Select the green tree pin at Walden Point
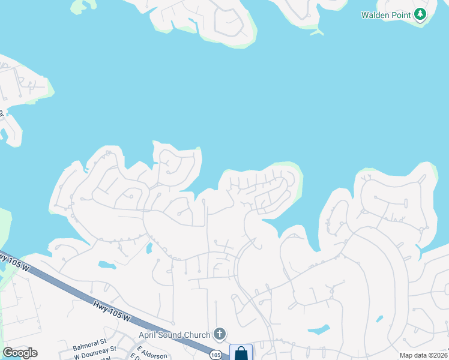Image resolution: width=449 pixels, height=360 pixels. click(420, 14)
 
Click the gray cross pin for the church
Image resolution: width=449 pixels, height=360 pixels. click(220, 334)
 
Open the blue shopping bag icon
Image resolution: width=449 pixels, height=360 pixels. click(241, 352)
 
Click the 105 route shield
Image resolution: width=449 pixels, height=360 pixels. click(215, 355)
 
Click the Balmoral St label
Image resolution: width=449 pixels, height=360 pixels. click(89, 347)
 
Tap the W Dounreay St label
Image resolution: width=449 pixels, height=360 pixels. click(95, 356)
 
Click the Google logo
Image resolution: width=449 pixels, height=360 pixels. click(20, 353)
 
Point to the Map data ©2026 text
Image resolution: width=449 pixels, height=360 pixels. click(423, 355)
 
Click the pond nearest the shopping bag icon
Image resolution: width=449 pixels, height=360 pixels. click(318, 329)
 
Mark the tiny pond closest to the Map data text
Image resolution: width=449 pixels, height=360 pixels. click(379, 319)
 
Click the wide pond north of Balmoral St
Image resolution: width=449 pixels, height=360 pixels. click(106, 265)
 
